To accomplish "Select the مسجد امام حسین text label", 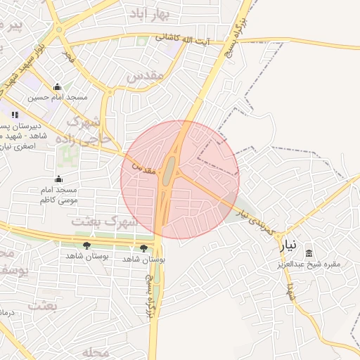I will point(62,97).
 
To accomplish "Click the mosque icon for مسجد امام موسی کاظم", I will point(58,179).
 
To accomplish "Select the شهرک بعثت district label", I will point(102,221).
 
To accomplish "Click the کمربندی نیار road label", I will point(259,220).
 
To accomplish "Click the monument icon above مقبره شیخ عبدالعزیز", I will point(309,253).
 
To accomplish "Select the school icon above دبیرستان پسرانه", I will point(15,115).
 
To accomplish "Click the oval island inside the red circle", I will point(169,171).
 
